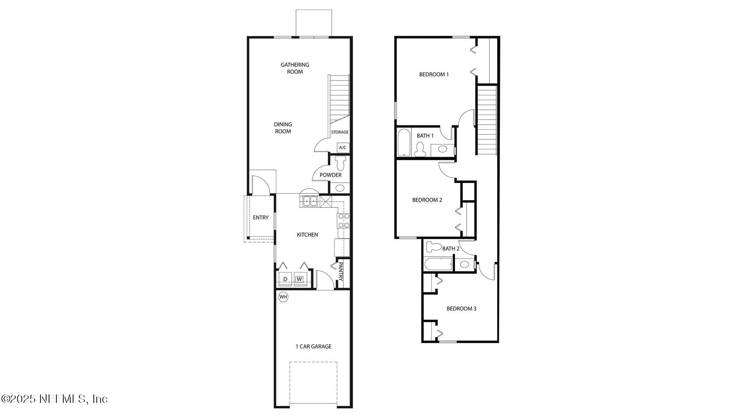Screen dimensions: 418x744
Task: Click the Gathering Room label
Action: pos(295,68)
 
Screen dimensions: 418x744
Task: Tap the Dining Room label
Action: pos(283,128)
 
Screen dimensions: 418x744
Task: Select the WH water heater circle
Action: pos(283,297)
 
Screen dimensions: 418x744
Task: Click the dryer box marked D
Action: pos(285,279)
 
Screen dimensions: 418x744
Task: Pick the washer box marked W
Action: pos(299,279)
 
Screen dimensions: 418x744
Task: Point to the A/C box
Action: pos(343,147)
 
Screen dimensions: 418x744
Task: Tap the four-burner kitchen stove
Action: pos(344,221)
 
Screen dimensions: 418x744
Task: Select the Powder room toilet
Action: pos(341,163)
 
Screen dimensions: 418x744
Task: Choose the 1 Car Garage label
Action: pos(313,346)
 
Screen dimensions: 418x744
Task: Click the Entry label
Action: pos(260,218)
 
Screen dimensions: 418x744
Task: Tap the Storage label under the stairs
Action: pos(339,132)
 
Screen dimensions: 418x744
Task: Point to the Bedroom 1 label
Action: pos(434,74)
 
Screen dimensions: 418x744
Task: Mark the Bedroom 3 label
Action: pos(461,308)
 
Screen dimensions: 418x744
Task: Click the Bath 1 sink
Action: pos(442,149)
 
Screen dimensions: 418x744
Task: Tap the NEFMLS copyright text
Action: pos(54,399)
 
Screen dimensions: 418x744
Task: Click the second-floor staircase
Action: pos(487,120)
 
